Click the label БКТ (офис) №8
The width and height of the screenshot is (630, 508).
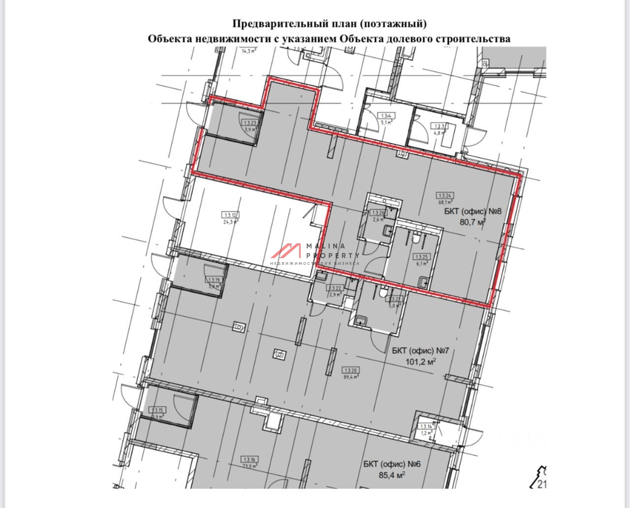[472, 212]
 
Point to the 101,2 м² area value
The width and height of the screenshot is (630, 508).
[421, 362]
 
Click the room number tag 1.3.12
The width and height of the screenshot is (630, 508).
[231, 214]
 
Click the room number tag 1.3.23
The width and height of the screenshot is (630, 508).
[251, 123]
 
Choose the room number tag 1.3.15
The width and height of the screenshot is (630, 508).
[157, 410]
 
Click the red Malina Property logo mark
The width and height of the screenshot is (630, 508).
[286, 251]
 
